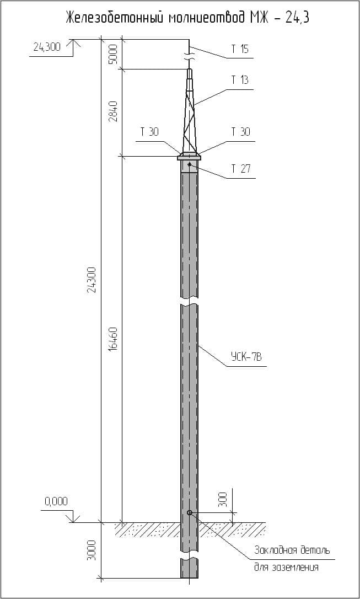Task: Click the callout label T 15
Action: pos(240,49)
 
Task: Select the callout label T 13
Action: pos(240,80)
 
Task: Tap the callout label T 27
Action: pos(240,169)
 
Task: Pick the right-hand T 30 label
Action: pos(240,132)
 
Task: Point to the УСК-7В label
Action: pos(246,357)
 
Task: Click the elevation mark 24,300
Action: pos(47,47)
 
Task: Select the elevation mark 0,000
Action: pos(56,501)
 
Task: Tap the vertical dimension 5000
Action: pos(113,55)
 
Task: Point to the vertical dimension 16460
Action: pos(113,339)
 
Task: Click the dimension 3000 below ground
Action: pos(92,550)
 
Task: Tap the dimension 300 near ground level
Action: pos(222,500)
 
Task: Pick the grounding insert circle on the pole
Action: pos(189,513)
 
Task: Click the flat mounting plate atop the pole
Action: pos(189,158)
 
